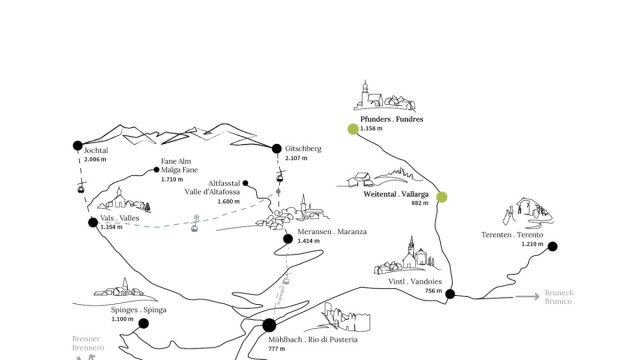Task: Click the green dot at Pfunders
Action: tap(353, 129)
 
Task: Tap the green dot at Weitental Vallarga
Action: tap(442, 197)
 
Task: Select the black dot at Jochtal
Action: tap(78, 145)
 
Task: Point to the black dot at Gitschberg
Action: tap(277, 149)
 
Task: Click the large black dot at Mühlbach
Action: tap(269, 325)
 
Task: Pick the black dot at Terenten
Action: tap(552, 246)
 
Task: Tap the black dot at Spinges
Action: tap(143, 323)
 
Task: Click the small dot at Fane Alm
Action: tap(156, 170)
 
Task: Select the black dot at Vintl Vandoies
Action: tap(450, 293)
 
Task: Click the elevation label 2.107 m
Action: tap(296, 158)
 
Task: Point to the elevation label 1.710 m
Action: tap(172, 179)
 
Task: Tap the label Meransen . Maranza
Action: tap(332, 231)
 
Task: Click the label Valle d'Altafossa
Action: tap(212, 192)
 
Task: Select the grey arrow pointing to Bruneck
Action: tap(527, 296)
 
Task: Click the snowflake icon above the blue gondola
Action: tap(196, 217)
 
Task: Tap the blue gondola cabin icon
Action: tap(195, 227)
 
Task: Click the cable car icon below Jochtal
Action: tap(81, 187)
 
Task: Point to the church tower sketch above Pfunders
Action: tap(365, 93)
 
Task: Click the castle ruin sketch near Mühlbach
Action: tap(346, 317)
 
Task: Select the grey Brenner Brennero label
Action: tap(88, 343)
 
